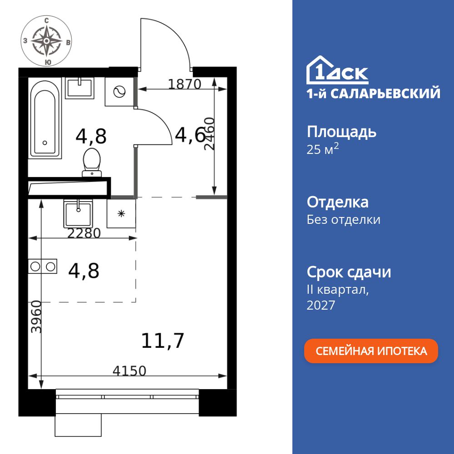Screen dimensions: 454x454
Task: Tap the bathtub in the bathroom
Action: point(44,118)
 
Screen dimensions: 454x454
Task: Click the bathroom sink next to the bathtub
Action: point(79,88)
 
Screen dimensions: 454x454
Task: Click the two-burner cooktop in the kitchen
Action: point(42,266)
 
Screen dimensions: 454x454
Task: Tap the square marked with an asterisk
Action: point(121,213)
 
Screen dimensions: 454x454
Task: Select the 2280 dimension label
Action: point(84,233)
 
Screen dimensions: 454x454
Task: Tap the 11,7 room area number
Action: point(163,340)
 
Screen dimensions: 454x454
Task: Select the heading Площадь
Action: point(341,132)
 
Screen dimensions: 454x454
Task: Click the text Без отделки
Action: point(343,220)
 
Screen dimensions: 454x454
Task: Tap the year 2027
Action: point(321,305)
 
